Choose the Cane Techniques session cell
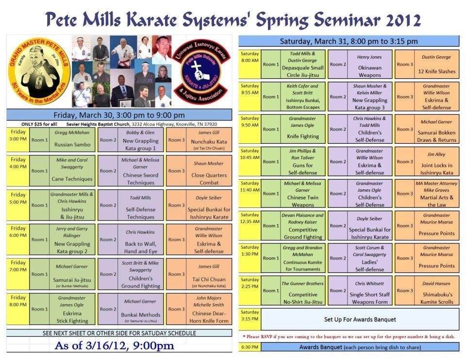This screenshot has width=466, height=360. (72, 171)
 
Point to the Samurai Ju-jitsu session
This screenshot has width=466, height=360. (72, 274)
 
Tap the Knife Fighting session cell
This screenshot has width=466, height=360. (302, 129)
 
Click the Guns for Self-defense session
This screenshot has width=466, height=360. (302, 162)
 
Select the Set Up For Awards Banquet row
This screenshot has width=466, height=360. (360, 319)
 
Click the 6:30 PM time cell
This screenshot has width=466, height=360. (250, 347)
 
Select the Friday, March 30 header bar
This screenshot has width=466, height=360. (119, 115)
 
